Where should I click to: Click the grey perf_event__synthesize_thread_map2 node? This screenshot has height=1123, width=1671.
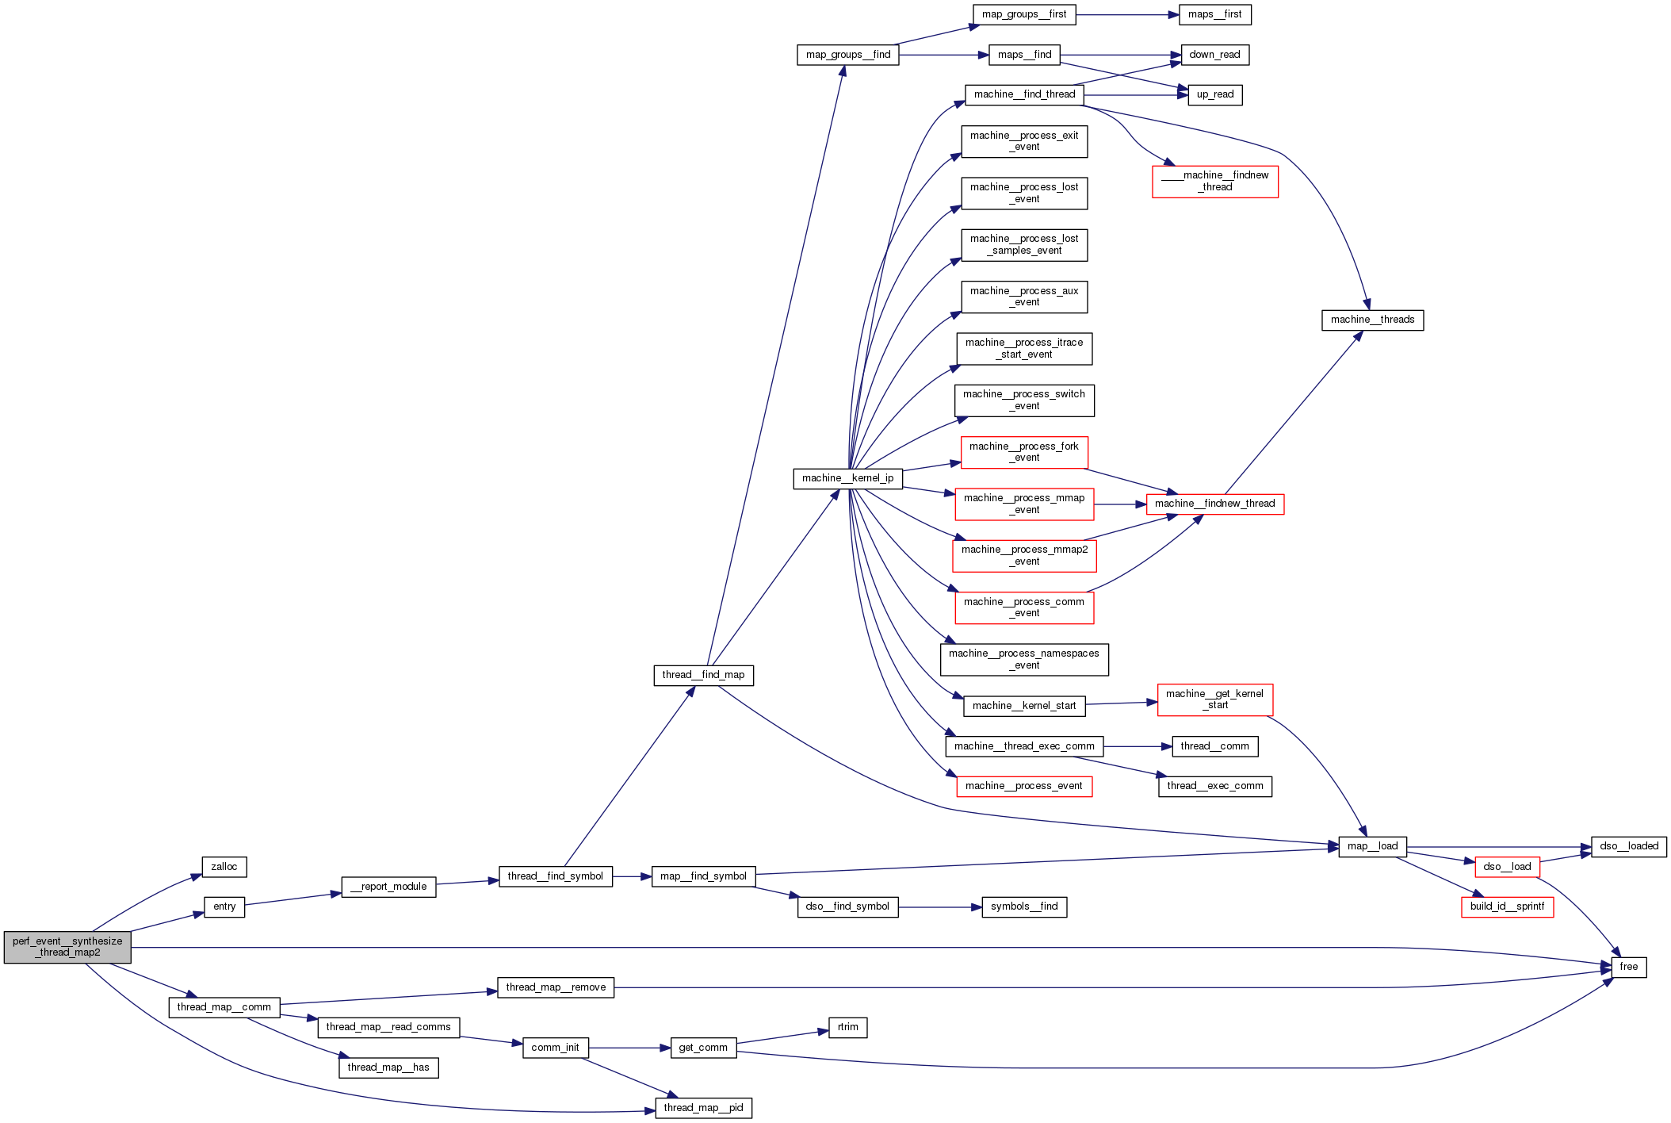point(67,947)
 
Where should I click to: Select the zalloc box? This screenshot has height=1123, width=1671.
point(224,867)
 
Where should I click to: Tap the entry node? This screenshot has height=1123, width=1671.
point(224,906)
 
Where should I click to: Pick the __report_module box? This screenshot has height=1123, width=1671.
point(388,887)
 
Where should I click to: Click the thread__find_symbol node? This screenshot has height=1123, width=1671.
point(555,876)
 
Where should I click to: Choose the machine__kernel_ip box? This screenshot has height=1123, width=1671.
point(847,478)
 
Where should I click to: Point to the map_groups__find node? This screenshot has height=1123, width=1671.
point(847,55)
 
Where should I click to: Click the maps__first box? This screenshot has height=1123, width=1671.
point(1214,14)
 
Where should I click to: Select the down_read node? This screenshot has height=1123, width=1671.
point(1214,55)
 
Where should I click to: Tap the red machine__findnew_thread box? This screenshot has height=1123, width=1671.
point(1214,504)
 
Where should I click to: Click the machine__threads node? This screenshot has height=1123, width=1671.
point(1372,320)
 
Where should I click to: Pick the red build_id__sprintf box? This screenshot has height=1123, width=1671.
point(1507,906)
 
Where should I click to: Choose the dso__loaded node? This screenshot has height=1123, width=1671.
point(1628,846)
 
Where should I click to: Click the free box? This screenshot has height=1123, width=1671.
point(1628,967)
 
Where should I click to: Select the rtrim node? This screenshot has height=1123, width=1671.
point(847,1027)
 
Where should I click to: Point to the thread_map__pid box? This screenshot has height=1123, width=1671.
point(703,1108)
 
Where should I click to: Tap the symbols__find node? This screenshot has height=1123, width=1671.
point(1024,906)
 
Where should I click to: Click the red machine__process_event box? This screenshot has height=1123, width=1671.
point(1023,786)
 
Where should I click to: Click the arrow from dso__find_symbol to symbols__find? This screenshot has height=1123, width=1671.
point(939,907)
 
